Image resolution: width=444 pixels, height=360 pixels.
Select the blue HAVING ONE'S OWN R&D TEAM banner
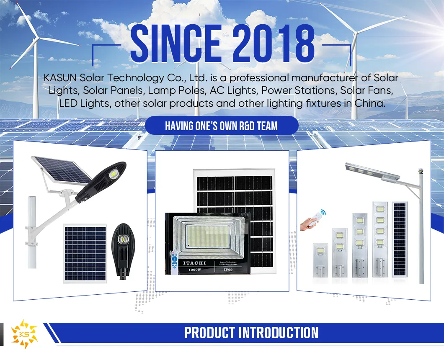221,126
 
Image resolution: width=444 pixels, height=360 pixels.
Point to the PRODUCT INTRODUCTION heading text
251,333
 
